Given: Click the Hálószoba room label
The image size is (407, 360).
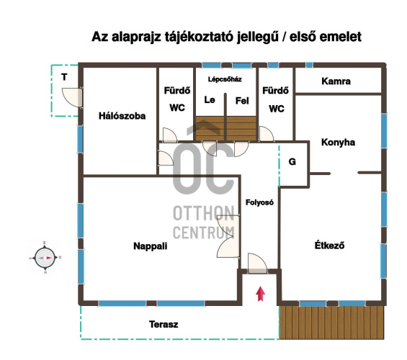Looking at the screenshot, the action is click(122, 116).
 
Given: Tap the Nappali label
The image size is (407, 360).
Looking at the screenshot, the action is click(151, 246).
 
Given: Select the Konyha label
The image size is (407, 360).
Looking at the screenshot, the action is click(339, 142).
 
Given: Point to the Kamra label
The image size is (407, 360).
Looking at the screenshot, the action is click(336, 81).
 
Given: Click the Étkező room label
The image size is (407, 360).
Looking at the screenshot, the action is click(329, 245).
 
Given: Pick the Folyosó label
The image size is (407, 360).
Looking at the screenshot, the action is click(259, 202).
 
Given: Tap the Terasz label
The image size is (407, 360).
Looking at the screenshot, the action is click(164, 324).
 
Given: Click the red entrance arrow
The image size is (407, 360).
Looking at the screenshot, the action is click(260, 294).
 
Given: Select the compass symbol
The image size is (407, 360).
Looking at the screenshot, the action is click(45, 258).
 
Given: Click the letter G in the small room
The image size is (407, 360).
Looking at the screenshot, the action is click(292, 161).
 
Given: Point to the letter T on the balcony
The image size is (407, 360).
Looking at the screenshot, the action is click(64, 77).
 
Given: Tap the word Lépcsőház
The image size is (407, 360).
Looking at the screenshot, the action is click(225, 79).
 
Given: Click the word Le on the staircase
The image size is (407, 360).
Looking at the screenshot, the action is click(210, 99).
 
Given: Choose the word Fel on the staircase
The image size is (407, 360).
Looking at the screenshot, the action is click(242, 101).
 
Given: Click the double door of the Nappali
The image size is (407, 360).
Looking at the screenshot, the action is click(228, 236).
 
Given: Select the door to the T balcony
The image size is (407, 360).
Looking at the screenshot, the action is click(73, 97).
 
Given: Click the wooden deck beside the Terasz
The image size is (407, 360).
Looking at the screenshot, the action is click(331, 323).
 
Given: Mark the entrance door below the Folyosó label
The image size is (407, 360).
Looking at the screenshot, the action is click(257, 264).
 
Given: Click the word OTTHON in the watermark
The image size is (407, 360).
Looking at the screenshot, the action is click(204, 213).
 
